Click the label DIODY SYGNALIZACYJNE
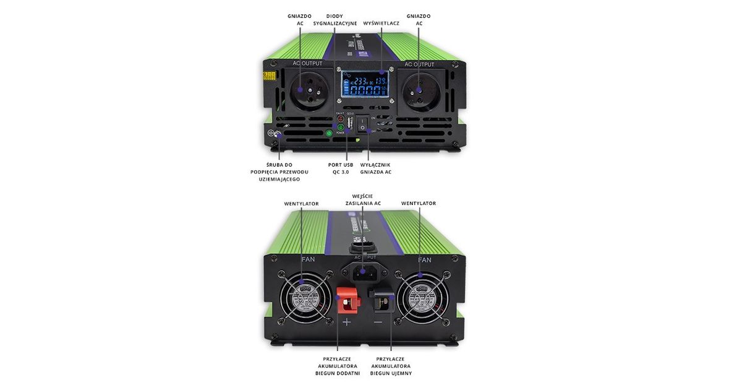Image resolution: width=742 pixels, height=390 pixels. [x=335, y=20]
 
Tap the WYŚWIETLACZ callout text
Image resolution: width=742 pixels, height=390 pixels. [x=381, y=24]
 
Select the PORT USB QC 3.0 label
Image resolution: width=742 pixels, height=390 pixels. [x=340, y=168]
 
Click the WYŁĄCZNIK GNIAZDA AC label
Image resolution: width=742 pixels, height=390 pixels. [x=376, y=168]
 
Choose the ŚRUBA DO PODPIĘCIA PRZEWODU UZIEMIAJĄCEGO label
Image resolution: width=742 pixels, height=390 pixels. [x=278, y=171]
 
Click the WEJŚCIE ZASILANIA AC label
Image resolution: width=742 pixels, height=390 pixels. [x=362, y=200]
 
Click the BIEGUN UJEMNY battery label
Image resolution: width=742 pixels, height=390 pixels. [x=391, y=366]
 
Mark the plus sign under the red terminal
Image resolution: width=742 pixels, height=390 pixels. [x=346, y=322]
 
